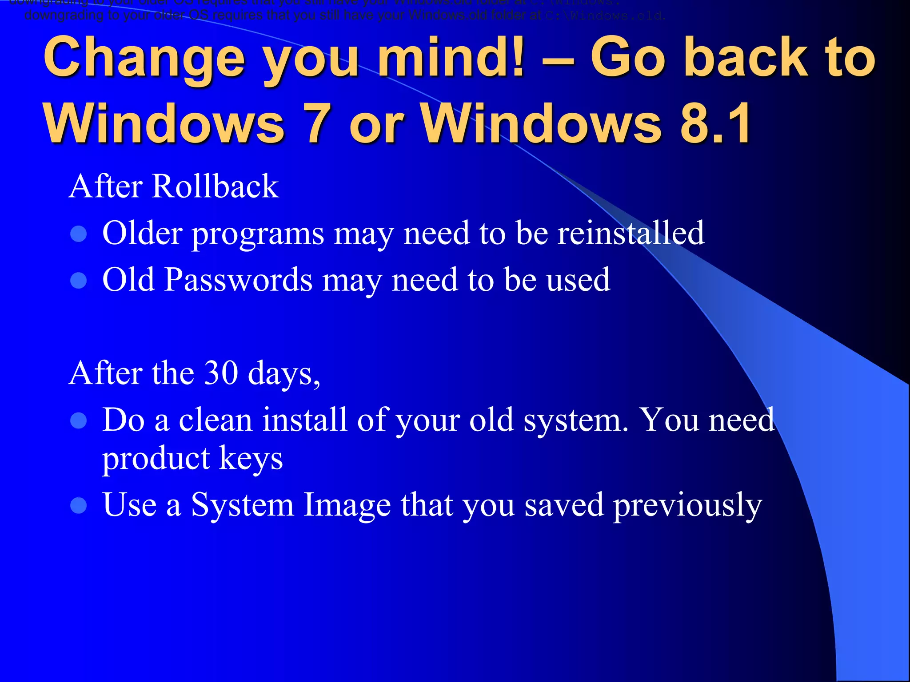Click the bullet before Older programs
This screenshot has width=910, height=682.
79,234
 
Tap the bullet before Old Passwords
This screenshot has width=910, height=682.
79,280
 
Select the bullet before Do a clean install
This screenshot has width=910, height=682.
79,420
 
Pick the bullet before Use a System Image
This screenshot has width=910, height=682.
79,505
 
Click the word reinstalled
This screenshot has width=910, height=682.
631,233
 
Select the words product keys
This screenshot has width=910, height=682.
192,459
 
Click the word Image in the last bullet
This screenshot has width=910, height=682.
347,505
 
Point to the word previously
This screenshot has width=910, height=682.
687,505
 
